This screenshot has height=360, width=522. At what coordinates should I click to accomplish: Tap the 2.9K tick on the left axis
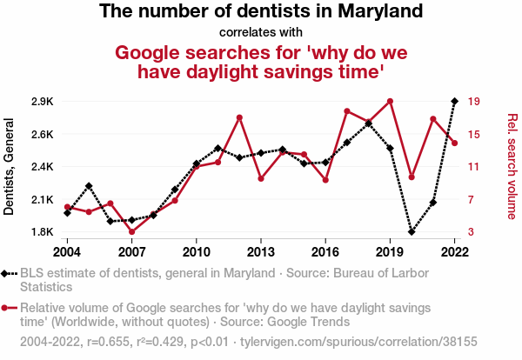tap(41, 102)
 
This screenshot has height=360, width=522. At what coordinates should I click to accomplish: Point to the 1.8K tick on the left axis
tap(41, 232)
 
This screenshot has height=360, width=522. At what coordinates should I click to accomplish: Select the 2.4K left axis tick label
tap(41, 167)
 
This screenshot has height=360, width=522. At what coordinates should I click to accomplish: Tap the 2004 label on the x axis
tap(67, 251)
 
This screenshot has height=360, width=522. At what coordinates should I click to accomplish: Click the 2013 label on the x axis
tap(261, 251)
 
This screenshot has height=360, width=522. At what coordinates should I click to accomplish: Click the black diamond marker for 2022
tap(455, 101)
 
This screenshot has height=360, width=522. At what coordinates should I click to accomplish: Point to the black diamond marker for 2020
tap(412, 232)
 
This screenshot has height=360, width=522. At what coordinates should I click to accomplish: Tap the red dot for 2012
tap(239, 117)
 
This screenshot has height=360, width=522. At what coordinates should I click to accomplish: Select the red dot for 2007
tap(131, 232)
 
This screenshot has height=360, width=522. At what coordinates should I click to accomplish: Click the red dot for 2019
tap(391, 101)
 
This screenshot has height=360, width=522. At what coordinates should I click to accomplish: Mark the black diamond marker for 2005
tap(89, 186)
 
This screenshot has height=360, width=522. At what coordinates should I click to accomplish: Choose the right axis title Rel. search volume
tap(512, 165)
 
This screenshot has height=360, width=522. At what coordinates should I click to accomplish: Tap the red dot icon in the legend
tap(8, 308)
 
